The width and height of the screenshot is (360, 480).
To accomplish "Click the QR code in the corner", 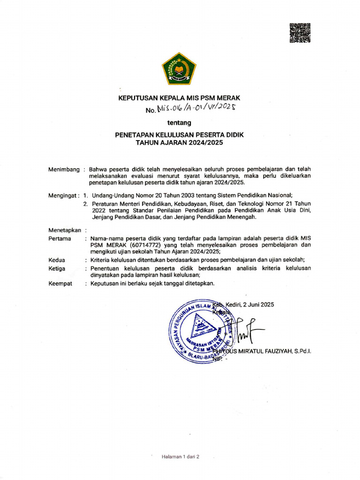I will [x=300, y=33].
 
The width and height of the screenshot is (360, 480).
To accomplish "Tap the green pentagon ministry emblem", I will [x=179, y=68].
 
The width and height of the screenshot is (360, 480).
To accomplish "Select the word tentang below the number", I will [x=180, y=123].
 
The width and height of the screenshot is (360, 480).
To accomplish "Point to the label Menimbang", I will [x=64, y=169].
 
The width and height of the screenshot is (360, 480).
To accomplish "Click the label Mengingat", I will [x=63, y=195].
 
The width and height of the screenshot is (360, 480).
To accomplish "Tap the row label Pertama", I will [x=60, y=238].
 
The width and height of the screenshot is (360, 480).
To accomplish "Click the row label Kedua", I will [x=57, y=260].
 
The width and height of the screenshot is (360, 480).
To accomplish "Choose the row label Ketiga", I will [x=58, y=269].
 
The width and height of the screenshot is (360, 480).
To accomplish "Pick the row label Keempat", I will [x=60, y=284].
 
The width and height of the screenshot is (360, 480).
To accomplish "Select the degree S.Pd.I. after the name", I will [x=303, y=351].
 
